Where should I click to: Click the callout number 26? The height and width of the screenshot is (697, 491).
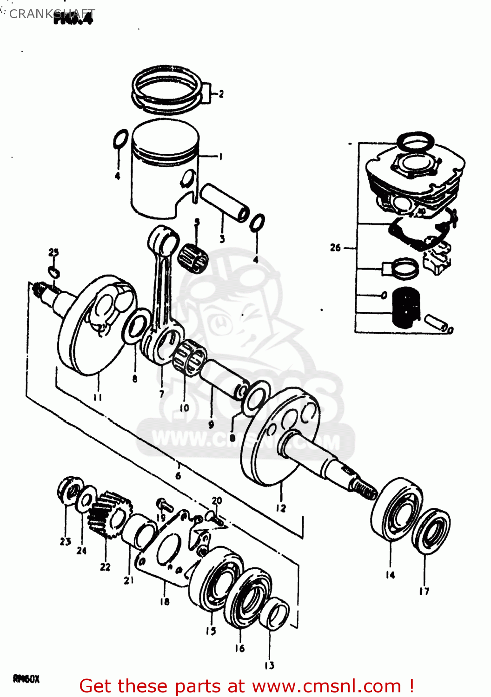point(335,248)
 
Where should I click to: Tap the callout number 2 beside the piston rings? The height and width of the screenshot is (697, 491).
point(221,94)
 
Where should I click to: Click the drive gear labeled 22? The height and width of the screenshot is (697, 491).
point(108,514)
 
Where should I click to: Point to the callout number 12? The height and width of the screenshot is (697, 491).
point(281,508)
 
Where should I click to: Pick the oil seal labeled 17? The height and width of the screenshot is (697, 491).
point(431,531)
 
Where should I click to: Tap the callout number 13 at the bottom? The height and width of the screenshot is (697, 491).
point(269,665)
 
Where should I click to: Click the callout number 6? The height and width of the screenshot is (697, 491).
point(178,475)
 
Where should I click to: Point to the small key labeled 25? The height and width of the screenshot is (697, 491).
point(54,271)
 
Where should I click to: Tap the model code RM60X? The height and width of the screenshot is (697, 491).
point(26,679)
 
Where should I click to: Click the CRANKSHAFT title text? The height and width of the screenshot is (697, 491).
point(52,14)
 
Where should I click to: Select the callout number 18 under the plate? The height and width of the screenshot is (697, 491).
point(165,601)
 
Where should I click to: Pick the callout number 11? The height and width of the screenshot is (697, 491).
point(98,397)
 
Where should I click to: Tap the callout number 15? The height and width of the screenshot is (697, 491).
point(211,631)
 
